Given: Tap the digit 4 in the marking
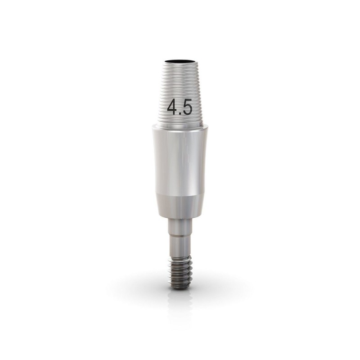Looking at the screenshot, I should [x=173, y=107].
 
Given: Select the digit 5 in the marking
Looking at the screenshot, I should [x=187, y=107].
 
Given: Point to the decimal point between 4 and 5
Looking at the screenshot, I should [x=180, y=112].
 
